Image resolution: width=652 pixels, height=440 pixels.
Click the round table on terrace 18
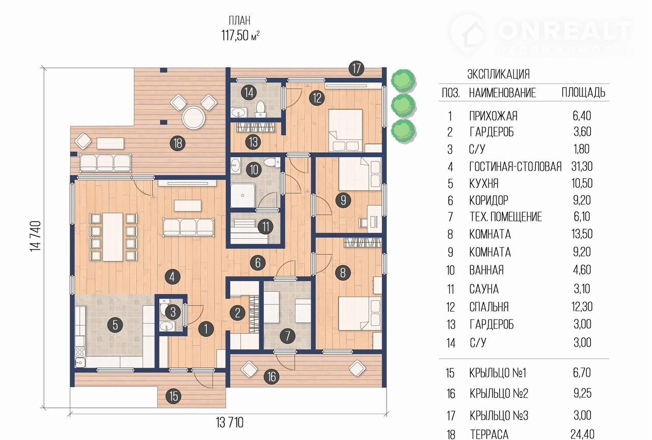(x=194, y=118)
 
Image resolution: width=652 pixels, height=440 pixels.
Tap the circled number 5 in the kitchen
(x=115, y=325)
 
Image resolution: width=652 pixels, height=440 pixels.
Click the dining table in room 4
(x=113, y=237)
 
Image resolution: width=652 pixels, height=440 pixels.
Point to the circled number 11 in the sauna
(x=265, y=227)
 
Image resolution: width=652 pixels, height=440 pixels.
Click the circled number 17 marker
(x=356, y=69)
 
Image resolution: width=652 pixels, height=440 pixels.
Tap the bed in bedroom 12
(x=345, y=130)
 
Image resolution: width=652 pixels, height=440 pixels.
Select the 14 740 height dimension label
(x=36, y=236)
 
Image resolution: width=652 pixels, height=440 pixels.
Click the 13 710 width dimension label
(x=229, y=423)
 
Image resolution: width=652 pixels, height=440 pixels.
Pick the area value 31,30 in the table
(x=582, y=167)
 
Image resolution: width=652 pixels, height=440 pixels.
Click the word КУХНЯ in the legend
(x=484, y=184)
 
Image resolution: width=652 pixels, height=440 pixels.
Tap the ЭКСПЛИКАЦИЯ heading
(x=498, y=74)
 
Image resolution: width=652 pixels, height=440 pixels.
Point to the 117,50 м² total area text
(x=240, y=36)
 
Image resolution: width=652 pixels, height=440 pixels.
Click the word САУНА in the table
(x=484, y=289)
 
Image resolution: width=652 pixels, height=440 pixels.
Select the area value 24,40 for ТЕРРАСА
(x=582, y=434)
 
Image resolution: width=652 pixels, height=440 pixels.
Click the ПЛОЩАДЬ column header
(x=583, y=93)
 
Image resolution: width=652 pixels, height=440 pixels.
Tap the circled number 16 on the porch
(x=271, y=376)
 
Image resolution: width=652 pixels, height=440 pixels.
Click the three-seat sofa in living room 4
(x=188, y=227)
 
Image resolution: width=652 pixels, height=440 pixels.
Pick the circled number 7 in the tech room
(x=287, y=336)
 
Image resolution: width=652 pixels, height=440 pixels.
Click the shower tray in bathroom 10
(x=243, y=195)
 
